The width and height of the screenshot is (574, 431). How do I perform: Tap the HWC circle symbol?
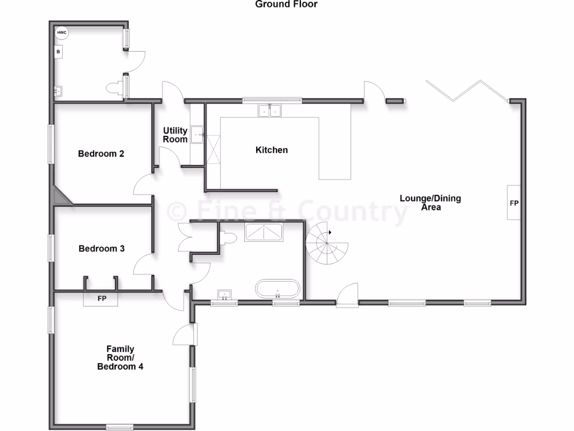pos(62,33)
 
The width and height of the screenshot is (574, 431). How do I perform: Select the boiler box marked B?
pos(58,52)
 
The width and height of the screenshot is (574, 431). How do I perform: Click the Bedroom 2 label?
pos(101,153)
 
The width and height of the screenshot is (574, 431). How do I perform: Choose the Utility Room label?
pos(175,135)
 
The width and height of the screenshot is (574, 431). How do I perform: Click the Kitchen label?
pos(271,150)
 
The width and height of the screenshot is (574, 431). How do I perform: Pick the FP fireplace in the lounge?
pos(514,203)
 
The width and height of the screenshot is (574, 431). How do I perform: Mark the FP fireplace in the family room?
pos(101,299)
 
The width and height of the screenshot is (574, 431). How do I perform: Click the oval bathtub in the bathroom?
pos(277,289)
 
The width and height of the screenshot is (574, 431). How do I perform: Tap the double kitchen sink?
pos(270,111)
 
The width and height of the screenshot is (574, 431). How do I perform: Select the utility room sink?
pos(197,135)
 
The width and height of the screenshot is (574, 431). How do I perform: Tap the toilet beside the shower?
pos(227,238)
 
